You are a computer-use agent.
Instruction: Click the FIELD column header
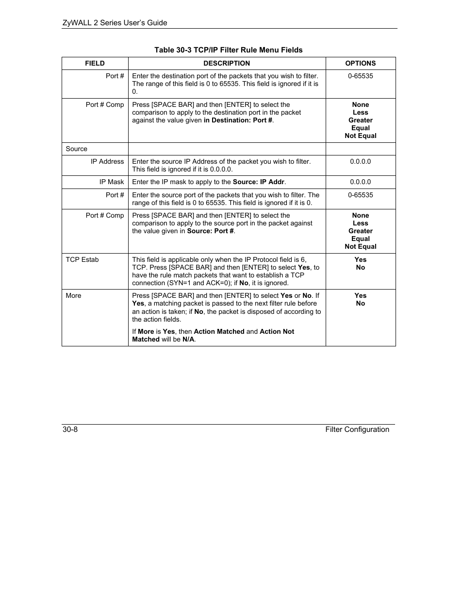(95, 63)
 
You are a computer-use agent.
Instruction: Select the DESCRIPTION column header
(227, 63)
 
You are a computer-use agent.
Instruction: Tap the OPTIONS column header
(360, 63)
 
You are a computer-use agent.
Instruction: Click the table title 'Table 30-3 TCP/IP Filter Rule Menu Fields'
(228, 50)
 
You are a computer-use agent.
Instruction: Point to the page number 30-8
(70, 429)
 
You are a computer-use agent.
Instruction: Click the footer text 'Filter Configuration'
(357, 429)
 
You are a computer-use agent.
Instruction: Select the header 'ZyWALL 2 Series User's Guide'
(115, 23)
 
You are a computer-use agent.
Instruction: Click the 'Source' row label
(77, 149)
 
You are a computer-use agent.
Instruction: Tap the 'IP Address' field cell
(107, 162)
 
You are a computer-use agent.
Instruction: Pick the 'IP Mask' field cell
(112, 182)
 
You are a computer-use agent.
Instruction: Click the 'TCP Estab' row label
(82, 260)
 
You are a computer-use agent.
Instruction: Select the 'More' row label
(73, 296)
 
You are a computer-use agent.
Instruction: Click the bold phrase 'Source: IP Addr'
(258, 182)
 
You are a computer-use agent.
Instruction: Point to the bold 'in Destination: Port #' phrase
(238, 120)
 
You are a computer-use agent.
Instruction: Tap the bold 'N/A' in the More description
(188, 340)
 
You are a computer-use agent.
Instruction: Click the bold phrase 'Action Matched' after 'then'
(219, 332)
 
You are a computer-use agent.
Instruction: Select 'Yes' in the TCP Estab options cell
(360, 260)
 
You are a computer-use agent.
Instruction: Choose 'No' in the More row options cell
(360, 304)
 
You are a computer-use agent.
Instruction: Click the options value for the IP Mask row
(360, 182)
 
